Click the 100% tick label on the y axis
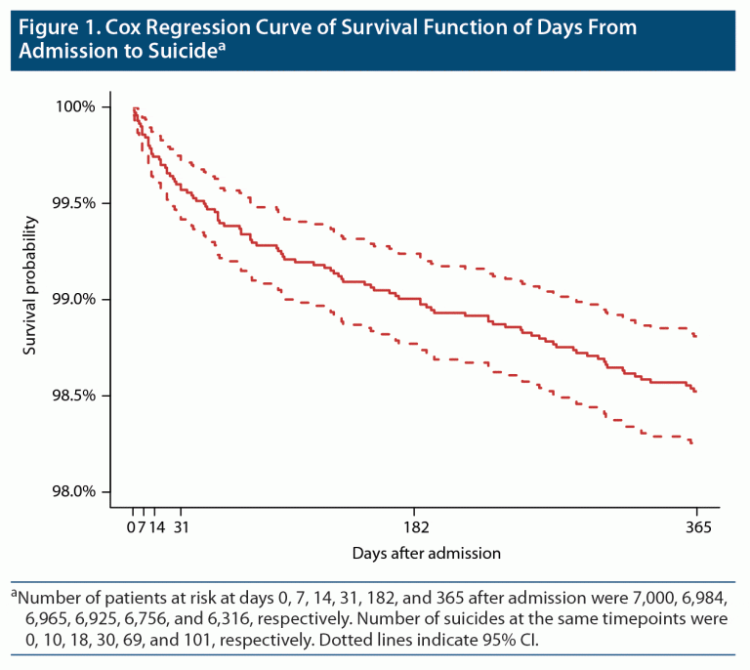[x=75, y=106]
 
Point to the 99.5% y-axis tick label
[x=75, y=203]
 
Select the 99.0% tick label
[x=75, y=299]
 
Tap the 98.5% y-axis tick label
[x=75, y=396]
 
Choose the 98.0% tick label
[x=75, y=491]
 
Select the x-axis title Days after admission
[x=427, y=553]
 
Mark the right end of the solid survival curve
[x=696, y=392]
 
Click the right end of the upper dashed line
[x=696, y=337]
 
